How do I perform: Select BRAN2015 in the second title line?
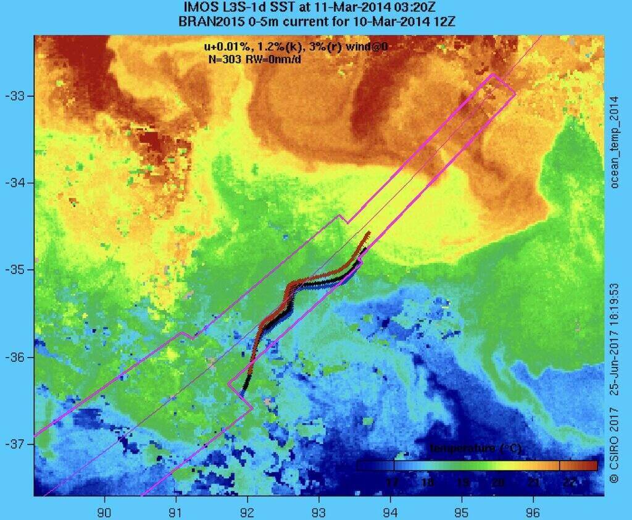tap(205, 21)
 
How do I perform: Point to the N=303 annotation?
tap(225, 59)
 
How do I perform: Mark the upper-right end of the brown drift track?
tap(368, 233)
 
